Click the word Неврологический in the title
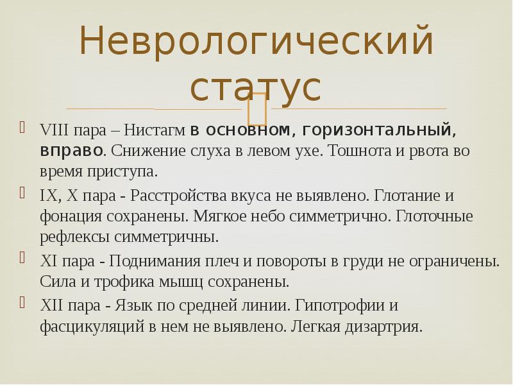coord(256,42)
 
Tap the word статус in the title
coord(256,88)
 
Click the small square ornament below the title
coord(256,108)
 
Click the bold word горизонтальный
coord(380,130)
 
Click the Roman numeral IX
coord(47,195)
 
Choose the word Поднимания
coord(150,261)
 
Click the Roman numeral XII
coord(51,305)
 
